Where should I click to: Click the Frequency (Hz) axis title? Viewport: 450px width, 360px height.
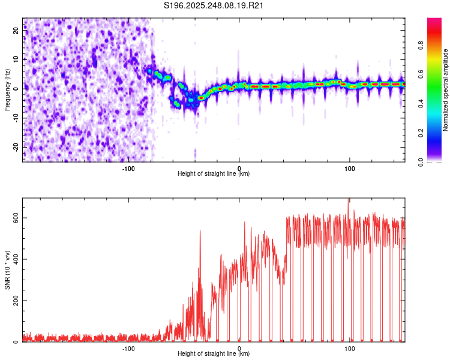point(7,89)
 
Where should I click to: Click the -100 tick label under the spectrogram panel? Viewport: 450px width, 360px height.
point(128,168)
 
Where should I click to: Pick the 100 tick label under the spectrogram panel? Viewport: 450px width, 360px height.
point(350,168)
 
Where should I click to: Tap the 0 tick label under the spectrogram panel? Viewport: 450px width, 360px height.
point(239,168)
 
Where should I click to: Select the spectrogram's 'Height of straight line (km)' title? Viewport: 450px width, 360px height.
point(214,174)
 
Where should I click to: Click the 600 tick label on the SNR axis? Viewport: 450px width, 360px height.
point(16,218)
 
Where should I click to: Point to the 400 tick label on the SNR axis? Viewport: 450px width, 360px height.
point(16,259)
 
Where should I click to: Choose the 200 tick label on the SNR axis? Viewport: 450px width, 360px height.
point(16,301)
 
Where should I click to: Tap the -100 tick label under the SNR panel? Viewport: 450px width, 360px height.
point(128,348)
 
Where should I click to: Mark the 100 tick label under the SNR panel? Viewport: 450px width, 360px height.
point(350,348)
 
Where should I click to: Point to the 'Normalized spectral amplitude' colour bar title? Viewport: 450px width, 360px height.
point(445,90)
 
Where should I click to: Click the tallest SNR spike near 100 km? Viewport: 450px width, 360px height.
point(348,200)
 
